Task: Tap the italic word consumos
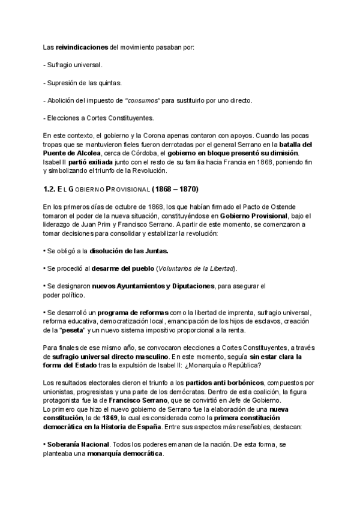143,100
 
